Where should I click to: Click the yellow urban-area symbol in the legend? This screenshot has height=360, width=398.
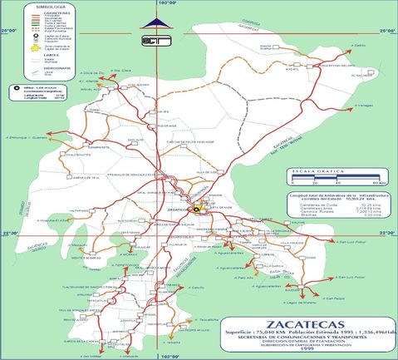(x=34, y=47)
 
